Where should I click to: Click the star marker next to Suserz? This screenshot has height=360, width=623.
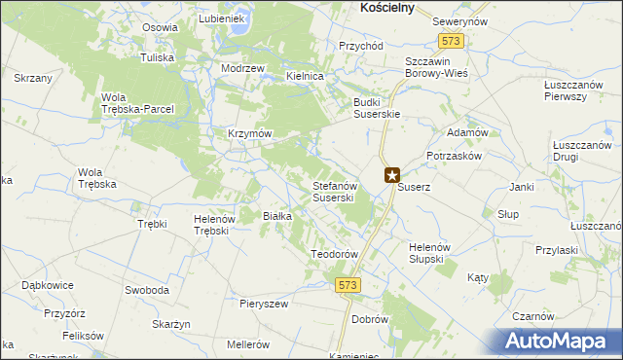pos(391,176)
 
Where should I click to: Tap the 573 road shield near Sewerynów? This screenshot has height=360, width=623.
pos(451,42)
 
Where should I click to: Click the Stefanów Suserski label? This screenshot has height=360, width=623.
pos(337,191)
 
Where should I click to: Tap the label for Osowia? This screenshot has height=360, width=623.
pos(159,27)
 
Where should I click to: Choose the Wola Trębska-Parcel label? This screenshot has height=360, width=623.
pos(137,103)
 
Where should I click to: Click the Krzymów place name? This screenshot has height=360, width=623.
pos(248,132)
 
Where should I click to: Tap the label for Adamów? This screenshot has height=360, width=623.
pos(466,131)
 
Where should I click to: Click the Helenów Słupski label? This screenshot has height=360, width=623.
pos(426,252)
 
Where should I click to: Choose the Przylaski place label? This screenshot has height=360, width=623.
pos(556,249)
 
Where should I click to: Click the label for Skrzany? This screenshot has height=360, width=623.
pos(32,77)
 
